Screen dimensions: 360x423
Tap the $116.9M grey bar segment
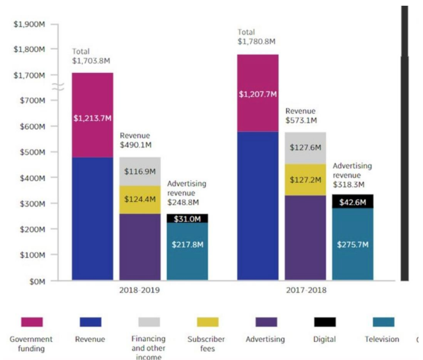click(x=140, y=171)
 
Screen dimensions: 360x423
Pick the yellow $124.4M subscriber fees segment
click(x=140, y=199)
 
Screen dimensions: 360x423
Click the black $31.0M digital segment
click(x=187, y=218)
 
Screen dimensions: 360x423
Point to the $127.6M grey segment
click(x=305, y=148)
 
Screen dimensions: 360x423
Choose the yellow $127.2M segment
click(x=305, y=180)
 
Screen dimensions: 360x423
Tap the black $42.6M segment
click(x=352, y=202)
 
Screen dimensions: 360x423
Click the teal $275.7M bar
click(x=352, y=244)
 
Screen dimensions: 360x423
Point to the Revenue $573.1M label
click(x=301, y=116)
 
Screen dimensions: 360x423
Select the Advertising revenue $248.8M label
click(x=187, y=193)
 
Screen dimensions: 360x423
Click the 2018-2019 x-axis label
click(x=140, y=290)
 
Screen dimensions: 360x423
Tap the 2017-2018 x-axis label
click(x=306, y=290)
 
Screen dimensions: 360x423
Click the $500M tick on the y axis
click(x=32, y=152)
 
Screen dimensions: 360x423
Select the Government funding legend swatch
click(x=31, y=322)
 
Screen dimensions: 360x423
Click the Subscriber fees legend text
click(x=206, y=343)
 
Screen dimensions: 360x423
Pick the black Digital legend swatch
click(x=325, y=322)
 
